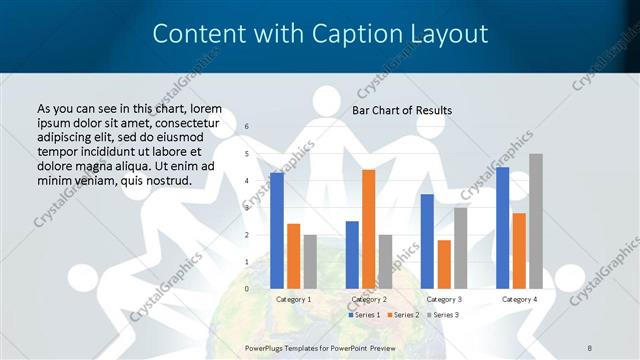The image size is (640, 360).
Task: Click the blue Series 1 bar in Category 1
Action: click(277, 230)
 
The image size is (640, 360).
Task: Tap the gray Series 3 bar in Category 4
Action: click(536, 221)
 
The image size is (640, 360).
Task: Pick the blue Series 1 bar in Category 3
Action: click(427, 241)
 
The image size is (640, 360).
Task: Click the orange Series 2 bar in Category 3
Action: click(444, 264)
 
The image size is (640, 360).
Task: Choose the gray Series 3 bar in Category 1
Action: click(310, 261)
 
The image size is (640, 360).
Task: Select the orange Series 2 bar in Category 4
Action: click(519, 250)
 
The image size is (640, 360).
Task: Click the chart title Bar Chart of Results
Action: click(402, 110)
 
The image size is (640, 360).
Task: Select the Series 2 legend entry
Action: click(402, 315)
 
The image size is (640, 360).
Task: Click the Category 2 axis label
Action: click(369, 299)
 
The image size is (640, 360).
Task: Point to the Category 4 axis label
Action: click(519, 299)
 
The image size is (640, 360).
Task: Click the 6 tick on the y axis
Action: click(247, 127)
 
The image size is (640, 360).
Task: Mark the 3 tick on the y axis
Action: click(247, 208)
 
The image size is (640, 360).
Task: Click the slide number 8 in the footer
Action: click(590, 346)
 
